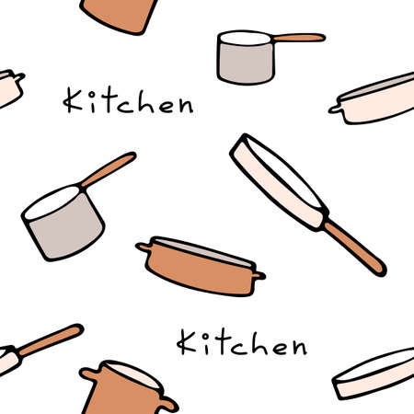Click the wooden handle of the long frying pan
[x=354, y=247]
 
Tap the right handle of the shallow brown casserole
[x=259, y=274]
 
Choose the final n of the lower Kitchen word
[x=295, y=347]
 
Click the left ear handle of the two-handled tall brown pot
[x=89, y=375]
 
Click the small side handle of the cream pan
[x=335, y=109]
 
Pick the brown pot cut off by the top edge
[x=120, y=13]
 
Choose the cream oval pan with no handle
[x=374, y=375]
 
